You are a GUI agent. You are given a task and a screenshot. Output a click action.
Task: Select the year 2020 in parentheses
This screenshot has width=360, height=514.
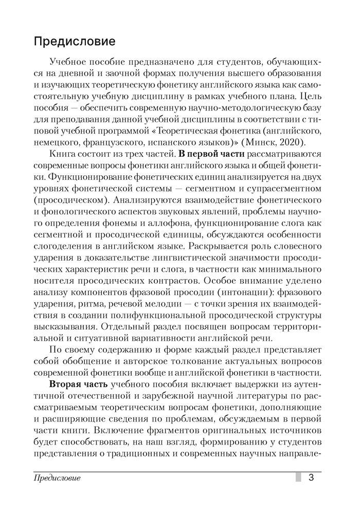point(302,142)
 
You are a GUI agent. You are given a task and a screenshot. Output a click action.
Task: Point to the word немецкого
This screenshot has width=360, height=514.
point(55,142)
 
